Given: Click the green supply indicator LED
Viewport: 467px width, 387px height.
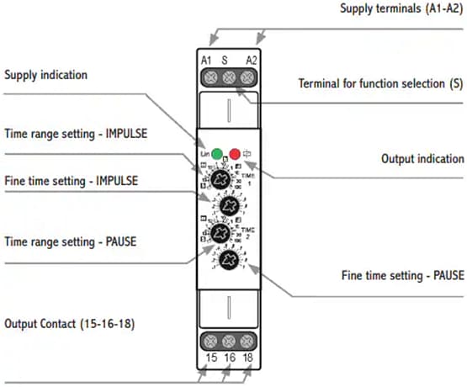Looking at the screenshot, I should (x=217, y=154).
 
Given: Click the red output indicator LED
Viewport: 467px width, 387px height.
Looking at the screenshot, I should (x=235, y=154).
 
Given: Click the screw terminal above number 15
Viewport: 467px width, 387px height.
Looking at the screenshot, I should (x=208, y=342).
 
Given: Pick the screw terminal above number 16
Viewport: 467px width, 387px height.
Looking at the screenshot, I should (x=227, y=342).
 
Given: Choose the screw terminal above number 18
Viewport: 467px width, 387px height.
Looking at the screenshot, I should (x=247, y=342).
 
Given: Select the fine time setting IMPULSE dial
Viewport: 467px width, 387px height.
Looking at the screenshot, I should (x=228, y=205).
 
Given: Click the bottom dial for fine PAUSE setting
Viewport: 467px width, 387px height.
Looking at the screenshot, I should (x=228, y=260).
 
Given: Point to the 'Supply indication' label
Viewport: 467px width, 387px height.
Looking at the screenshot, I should (x=45, y=76).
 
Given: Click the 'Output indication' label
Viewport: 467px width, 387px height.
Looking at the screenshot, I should (x=422, y=158).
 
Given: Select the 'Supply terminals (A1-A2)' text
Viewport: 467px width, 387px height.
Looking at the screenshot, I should (x=401, y=9).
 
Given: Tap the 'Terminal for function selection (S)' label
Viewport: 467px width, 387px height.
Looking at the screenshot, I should (x=381, y=84).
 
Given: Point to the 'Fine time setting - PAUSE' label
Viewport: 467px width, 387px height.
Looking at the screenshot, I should (x=402, y=275).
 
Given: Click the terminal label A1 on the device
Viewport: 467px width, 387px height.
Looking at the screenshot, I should (x=206, y=60).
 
